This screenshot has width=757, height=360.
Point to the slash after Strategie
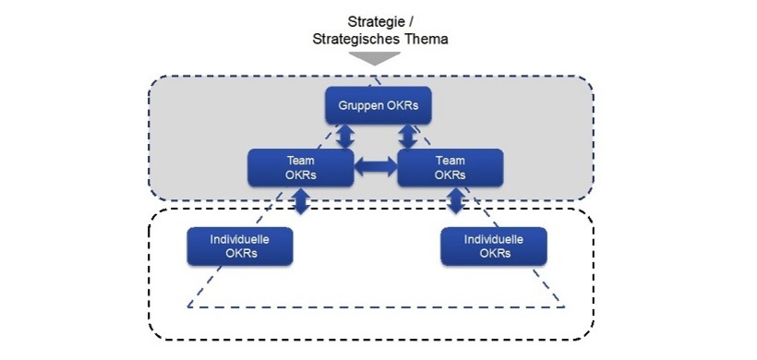point(409,20)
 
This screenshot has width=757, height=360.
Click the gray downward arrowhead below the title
point(376,58)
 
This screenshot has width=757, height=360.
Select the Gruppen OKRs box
point(378,105)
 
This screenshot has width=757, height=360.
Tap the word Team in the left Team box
point(302,160)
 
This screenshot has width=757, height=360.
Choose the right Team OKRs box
point(451,167)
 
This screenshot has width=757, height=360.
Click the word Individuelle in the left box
point(240,238)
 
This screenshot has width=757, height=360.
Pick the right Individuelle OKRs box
point(495,246)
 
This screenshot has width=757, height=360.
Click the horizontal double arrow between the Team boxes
point(376,167)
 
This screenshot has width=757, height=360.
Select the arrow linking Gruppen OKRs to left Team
point(345,136)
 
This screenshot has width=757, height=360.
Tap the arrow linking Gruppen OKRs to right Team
point(407,136)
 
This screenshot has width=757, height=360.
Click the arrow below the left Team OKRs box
point(301,201)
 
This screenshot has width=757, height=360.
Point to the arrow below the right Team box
point(454,201)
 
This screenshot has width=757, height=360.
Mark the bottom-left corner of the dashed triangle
point(187,306)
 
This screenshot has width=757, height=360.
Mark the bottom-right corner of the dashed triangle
point(565,306)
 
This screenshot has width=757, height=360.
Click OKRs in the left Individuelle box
point(240,254)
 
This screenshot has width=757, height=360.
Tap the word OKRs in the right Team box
point(451,174)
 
